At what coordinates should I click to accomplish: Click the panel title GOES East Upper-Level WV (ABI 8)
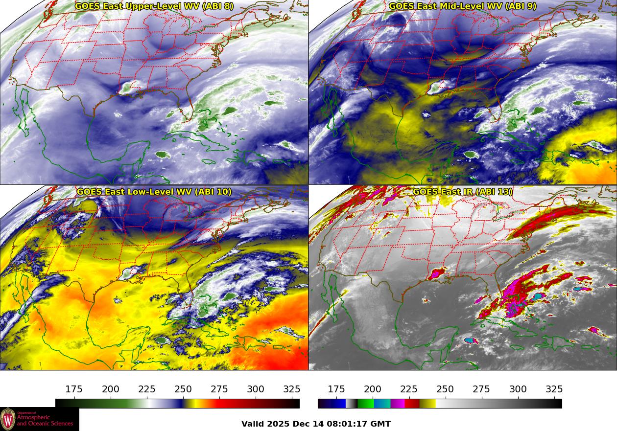click(154, 6)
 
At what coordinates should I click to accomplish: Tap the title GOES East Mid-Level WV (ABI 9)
click(463, 6)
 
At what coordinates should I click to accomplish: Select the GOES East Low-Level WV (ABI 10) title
click(154, 192)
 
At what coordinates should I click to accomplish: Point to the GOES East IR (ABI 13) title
click(463, 192)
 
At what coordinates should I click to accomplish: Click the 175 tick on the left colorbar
click(74, 389)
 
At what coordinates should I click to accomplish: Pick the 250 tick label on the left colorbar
click(183, 389)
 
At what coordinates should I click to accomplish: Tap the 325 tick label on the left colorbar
click(292, 389)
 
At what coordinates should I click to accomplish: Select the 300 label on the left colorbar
click(256, 389)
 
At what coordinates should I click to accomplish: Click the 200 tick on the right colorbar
click(373, 389)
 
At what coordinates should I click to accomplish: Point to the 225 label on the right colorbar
click(409, 389)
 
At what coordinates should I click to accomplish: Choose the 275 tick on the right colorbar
click(481, 389)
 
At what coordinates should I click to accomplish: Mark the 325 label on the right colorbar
click(554, 389)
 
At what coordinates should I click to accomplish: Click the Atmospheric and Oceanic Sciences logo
click(39, 419)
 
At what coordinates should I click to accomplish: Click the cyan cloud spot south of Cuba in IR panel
click(471, 340)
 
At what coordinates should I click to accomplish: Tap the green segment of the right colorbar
click(365, 404)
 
